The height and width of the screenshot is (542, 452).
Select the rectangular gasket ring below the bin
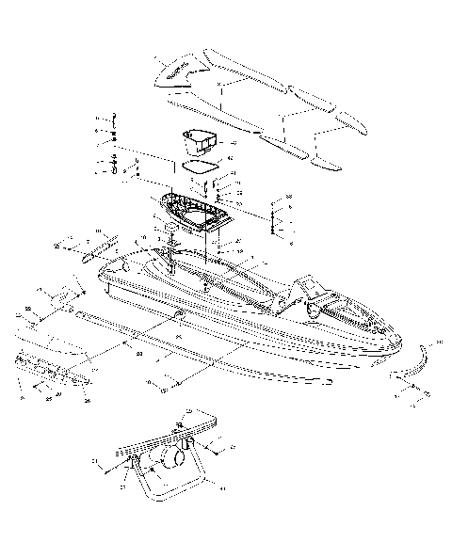click(199, 168)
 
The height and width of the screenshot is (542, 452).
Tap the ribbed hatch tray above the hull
click(195, 213)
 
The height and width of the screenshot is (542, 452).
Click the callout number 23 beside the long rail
click(138, 353)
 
